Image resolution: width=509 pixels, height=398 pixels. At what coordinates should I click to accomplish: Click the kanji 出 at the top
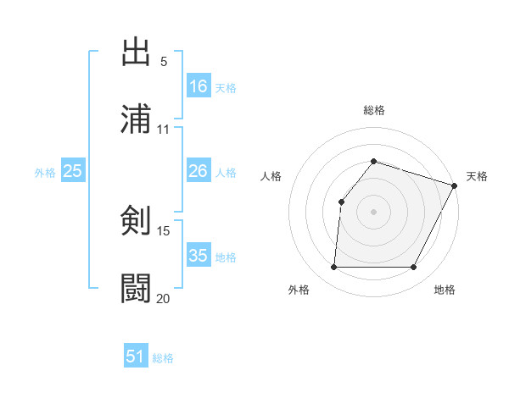point(136,53)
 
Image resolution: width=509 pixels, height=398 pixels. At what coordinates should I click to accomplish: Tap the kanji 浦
point(136,119)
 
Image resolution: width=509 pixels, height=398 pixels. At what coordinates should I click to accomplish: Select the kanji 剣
point(136,221)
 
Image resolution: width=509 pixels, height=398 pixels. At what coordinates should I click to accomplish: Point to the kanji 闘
point(136,288)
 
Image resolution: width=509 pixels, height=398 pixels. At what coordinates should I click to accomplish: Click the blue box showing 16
point(199,86)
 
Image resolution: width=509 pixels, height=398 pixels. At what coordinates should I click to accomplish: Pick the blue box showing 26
point(199,171)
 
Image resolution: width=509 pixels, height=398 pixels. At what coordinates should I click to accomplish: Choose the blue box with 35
point(199,255)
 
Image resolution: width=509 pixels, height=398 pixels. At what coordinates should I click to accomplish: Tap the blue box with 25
point(73,171)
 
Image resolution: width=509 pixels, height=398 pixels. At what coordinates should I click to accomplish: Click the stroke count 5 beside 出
point(164,62)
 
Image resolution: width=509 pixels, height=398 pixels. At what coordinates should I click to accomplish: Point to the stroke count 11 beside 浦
point(164,130)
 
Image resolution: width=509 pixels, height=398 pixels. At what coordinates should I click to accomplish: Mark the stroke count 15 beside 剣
point(164,231)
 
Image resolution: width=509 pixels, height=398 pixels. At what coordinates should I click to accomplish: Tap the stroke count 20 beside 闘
point(164,298)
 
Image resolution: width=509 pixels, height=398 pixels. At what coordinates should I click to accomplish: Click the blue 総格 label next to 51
point(163,358)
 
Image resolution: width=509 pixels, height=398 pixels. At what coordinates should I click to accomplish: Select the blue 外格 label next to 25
point(45,173)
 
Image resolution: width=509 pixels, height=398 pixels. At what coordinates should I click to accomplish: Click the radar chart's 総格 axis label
point(373,110)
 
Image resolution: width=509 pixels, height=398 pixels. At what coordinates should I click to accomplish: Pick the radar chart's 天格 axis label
point(477,176)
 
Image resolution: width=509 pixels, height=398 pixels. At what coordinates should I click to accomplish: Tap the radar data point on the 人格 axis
point(341,202)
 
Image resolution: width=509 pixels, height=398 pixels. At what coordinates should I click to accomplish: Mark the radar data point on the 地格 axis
point(413,268)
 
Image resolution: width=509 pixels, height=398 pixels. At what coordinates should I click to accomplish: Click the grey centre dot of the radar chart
point(373,211)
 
